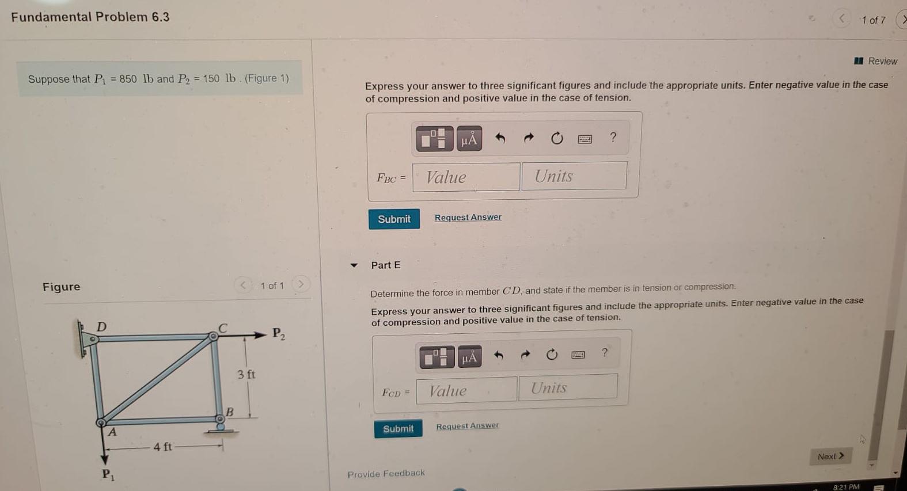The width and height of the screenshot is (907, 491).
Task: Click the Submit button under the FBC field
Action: tap(394, 219)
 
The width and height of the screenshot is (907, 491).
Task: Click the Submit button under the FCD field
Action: tap(398, 428)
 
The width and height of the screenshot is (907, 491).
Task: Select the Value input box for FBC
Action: tap(466, 177)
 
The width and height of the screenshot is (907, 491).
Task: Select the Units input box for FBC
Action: tap(574, 176)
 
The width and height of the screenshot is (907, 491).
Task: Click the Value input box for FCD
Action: tap(466, 390)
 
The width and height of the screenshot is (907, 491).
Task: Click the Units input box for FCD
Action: tap(567, 387)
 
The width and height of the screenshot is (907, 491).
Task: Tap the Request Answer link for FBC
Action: tap(468, 217)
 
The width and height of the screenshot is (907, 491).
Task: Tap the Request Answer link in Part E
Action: tap(467, 426)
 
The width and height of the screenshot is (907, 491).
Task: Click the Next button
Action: tap(830, 456)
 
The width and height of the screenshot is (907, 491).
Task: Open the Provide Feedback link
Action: tap(386, 473)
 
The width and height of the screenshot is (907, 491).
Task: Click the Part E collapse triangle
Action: tap(354, 265)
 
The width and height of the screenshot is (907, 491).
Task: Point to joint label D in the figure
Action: tap(101, 326)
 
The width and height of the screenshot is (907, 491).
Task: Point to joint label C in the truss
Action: tap(223, 327)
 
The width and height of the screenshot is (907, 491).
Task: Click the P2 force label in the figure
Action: tap(278, 333)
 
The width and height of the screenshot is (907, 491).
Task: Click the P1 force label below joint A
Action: tap(108, 474)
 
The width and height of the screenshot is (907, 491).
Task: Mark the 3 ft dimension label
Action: tap(246, 374)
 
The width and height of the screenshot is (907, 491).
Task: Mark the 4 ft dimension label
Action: tap(162, 446)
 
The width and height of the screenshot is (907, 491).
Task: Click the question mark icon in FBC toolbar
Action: tap(613, 137)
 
